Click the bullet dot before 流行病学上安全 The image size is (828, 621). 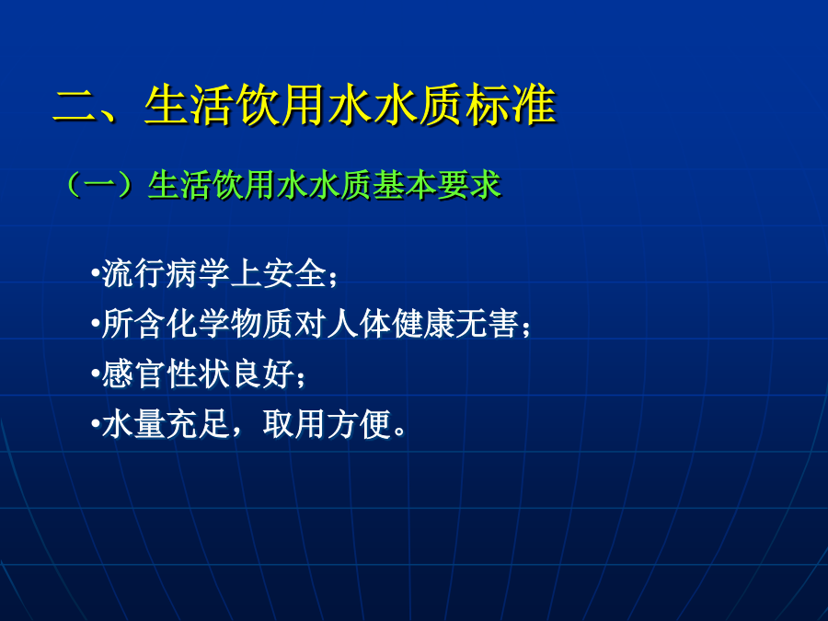click(95, 273)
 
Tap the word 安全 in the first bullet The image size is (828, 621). click(294, 273)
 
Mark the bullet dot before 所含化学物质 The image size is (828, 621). click(95, 323)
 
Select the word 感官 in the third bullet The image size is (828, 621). click(133, 374)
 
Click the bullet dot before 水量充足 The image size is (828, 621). click(95, 423)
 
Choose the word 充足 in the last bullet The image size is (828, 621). click(198, 423)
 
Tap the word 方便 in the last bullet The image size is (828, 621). click(359, 423)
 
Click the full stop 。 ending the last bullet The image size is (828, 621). click(400, 432)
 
